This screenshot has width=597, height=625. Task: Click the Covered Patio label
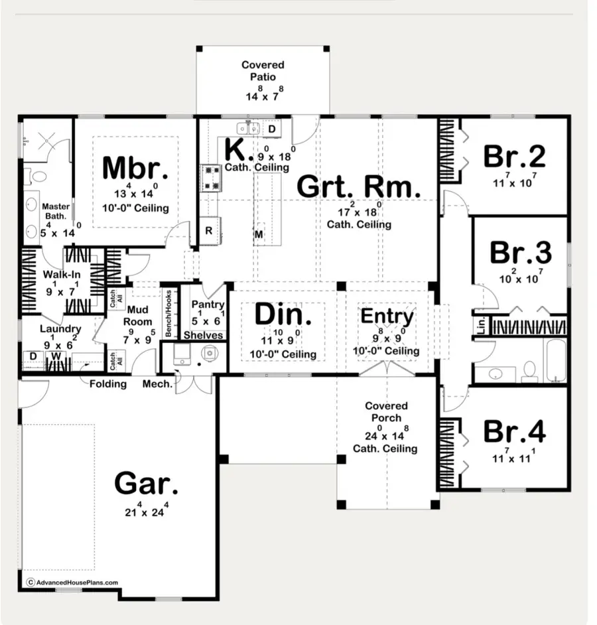[x=263, y=71]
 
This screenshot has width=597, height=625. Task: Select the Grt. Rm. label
[x=358, y=187]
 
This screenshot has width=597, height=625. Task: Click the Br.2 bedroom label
[x=514, y=157]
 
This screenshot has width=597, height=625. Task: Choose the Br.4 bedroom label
[x=515, y=431]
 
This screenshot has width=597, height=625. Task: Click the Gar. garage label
[x=146, y=484]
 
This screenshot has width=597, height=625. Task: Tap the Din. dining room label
[x=279, y=315]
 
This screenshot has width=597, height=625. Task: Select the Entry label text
[x=387, y=316]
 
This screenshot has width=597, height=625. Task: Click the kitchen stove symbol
[x=211, y=177]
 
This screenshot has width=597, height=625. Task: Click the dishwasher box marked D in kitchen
[x=271, y=128]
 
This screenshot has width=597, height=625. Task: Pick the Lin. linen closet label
[x=480, y=326]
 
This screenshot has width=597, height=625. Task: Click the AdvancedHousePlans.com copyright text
[x=72, y=583]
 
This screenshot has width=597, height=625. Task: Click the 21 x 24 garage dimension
[x=146, y=512]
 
